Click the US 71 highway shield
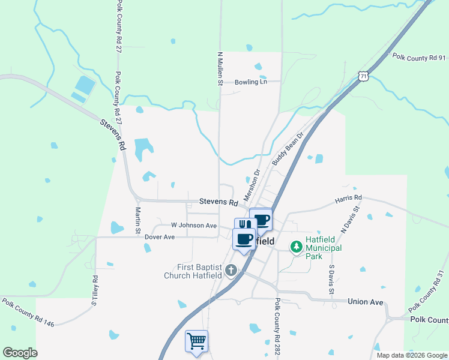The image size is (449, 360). point(361,75)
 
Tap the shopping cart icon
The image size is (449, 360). point(197,341)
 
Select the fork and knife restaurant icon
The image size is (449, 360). point(245,225)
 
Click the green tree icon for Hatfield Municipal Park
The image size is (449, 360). point(296,247)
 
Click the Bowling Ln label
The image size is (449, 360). point(250,82)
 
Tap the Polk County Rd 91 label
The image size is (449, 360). point(419,58)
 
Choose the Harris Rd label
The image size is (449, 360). point(349,197)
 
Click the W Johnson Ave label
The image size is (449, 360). point(193,226)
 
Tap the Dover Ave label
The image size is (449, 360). point(159,237)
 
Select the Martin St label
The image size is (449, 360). point(137,220)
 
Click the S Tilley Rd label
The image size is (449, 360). point(94,290)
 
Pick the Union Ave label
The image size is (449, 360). point(365,302)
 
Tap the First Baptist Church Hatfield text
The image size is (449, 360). point(200,271)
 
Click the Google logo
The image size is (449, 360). point(20,353)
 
